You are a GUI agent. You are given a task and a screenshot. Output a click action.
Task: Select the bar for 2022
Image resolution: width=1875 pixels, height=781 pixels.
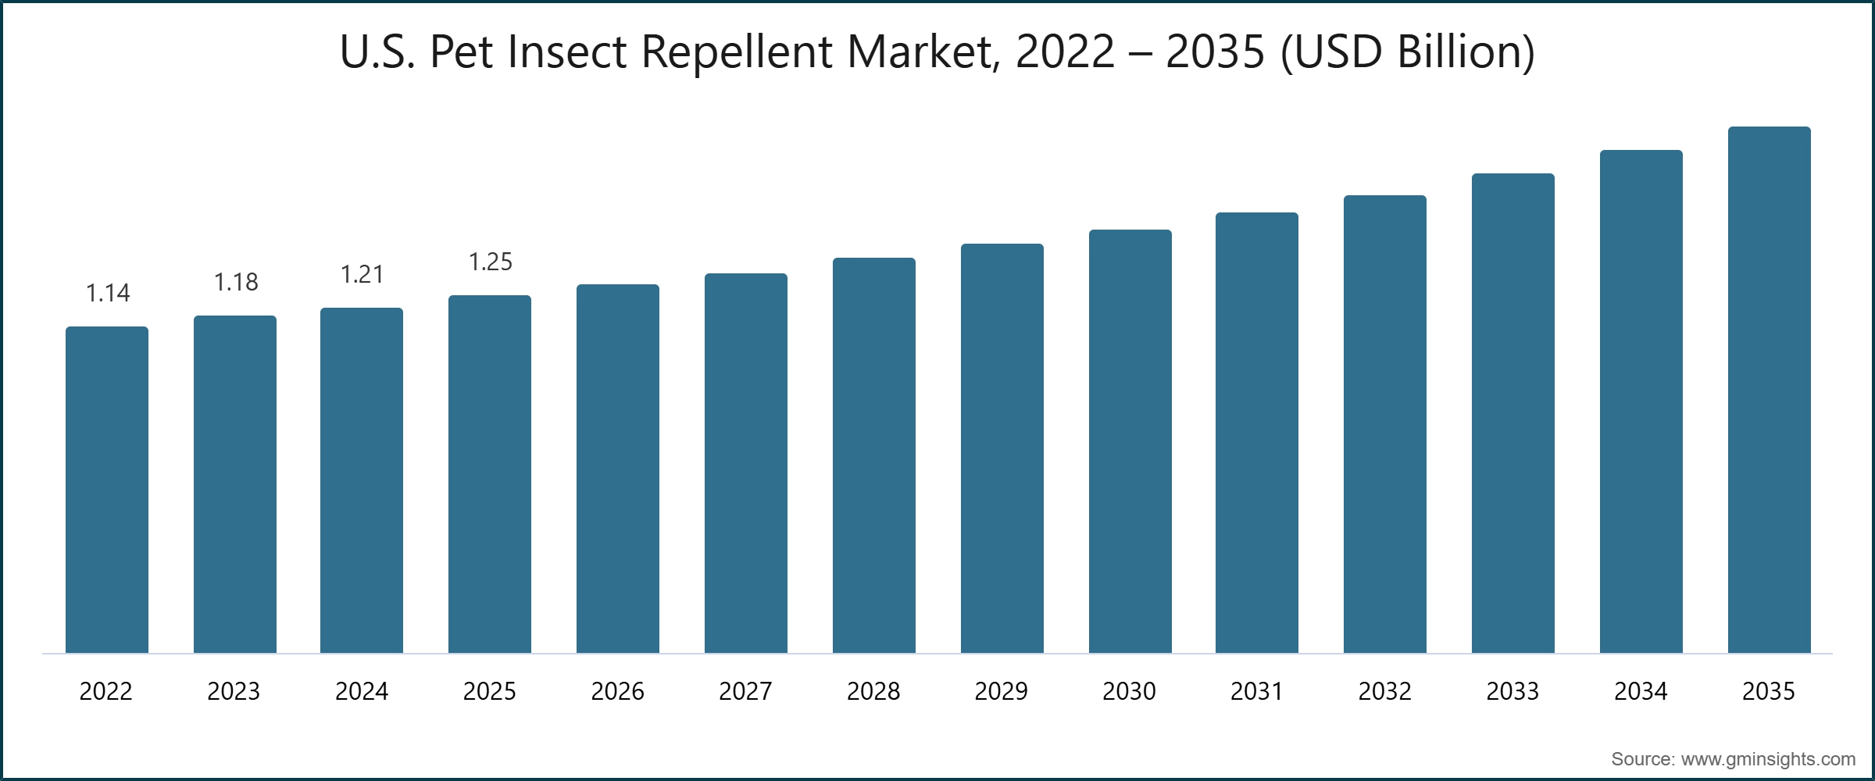click(x=107, y=490)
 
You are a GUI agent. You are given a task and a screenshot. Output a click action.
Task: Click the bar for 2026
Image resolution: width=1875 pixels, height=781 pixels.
click(x=618, y=469)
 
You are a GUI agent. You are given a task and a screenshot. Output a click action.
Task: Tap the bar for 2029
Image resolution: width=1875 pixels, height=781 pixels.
click(x=1002, y=448)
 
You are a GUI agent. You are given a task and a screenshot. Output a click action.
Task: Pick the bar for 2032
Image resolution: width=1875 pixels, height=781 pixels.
click(x=1385, y=424)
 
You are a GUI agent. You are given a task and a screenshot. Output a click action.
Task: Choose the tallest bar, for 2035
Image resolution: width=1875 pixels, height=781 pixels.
click(x=1770, y=390)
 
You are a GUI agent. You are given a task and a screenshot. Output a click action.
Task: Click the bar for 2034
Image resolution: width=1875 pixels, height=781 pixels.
click(x=1641, y=401)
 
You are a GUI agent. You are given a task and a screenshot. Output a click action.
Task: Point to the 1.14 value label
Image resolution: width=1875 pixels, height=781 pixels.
click(x=108, y=294)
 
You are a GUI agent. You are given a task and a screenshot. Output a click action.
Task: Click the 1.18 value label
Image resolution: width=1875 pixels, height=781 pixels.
click(x=236, y=283)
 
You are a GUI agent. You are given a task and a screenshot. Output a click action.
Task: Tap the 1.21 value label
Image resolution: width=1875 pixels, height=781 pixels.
click(x=362, y=275)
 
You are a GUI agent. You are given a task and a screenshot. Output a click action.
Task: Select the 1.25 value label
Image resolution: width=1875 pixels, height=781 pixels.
click(x=491, y=262)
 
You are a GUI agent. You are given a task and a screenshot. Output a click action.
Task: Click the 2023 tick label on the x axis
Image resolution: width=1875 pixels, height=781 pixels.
click(x=234, y=691)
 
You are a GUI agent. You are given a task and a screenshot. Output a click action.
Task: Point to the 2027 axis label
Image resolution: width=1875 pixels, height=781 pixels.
click(x=745, y=691)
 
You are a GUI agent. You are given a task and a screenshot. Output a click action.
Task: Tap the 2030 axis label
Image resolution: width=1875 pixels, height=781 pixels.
click(x=1129, y=691)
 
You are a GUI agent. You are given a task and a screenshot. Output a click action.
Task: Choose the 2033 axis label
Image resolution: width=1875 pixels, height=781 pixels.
click(x=1512, y=691)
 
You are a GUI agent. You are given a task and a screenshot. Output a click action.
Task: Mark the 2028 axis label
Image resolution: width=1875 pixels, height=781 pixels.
click(x=873, y=691)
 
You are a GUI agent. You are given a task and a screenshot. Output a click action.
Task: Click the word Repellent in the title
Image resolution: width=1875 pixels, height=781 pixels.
click(x=737, y=53)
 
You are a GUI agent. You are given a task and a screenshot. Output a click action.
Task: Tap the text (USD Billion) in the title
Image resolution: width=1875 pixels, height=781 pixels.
click(x=1408, y=53)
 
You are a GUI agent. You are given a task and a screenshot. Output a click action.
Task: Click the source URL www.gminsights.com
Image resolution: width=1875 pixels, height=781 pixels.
click(x=1768, y=759)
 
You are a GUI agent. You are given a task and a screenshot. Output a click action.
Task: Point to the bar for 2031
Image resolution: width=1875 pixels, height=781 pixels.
click(x=1257, y=433)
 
